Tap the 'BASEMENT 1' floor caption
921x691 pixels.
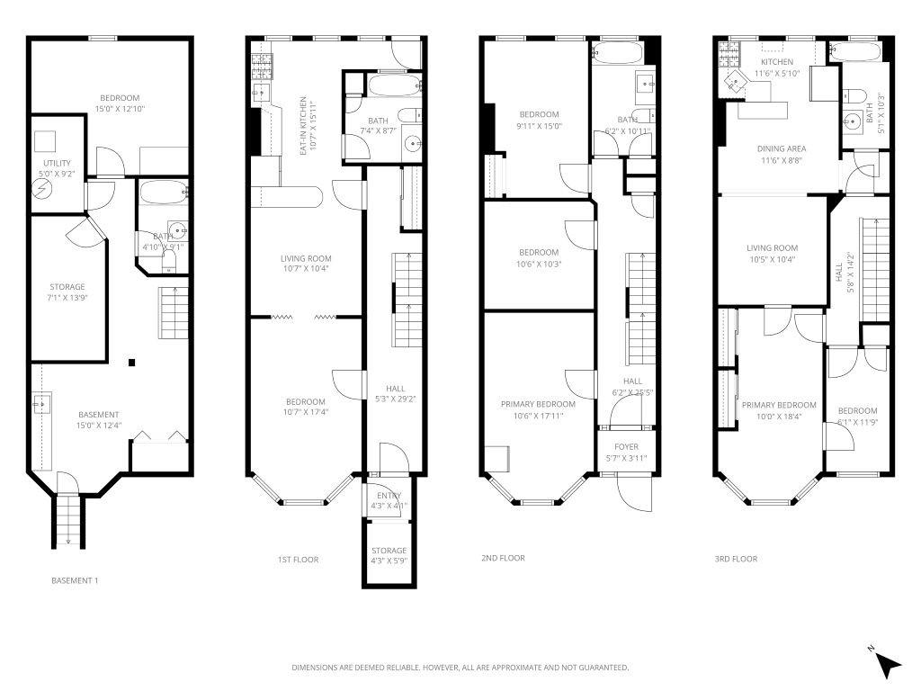(75, 581)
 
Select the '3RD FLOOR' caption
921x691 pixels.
(736, 559)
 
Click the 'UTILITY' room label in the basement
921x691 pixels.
(57, 163)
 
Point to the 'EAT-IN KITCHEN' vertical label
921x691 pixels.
(303, 127)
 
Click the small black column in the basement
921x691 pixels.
(131, 363)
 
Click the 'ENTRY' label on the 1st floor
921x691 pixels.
(389, 496)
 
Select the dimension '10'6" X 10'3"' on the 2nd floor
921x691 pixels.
(538, 264)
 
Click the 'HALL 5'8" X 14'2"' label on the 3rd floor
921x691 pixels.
(839, 272)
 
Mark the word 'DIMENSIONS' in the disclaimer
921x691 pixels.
(314, 668)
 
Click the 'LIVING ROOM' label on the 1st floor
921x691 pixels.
(306, 258)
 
